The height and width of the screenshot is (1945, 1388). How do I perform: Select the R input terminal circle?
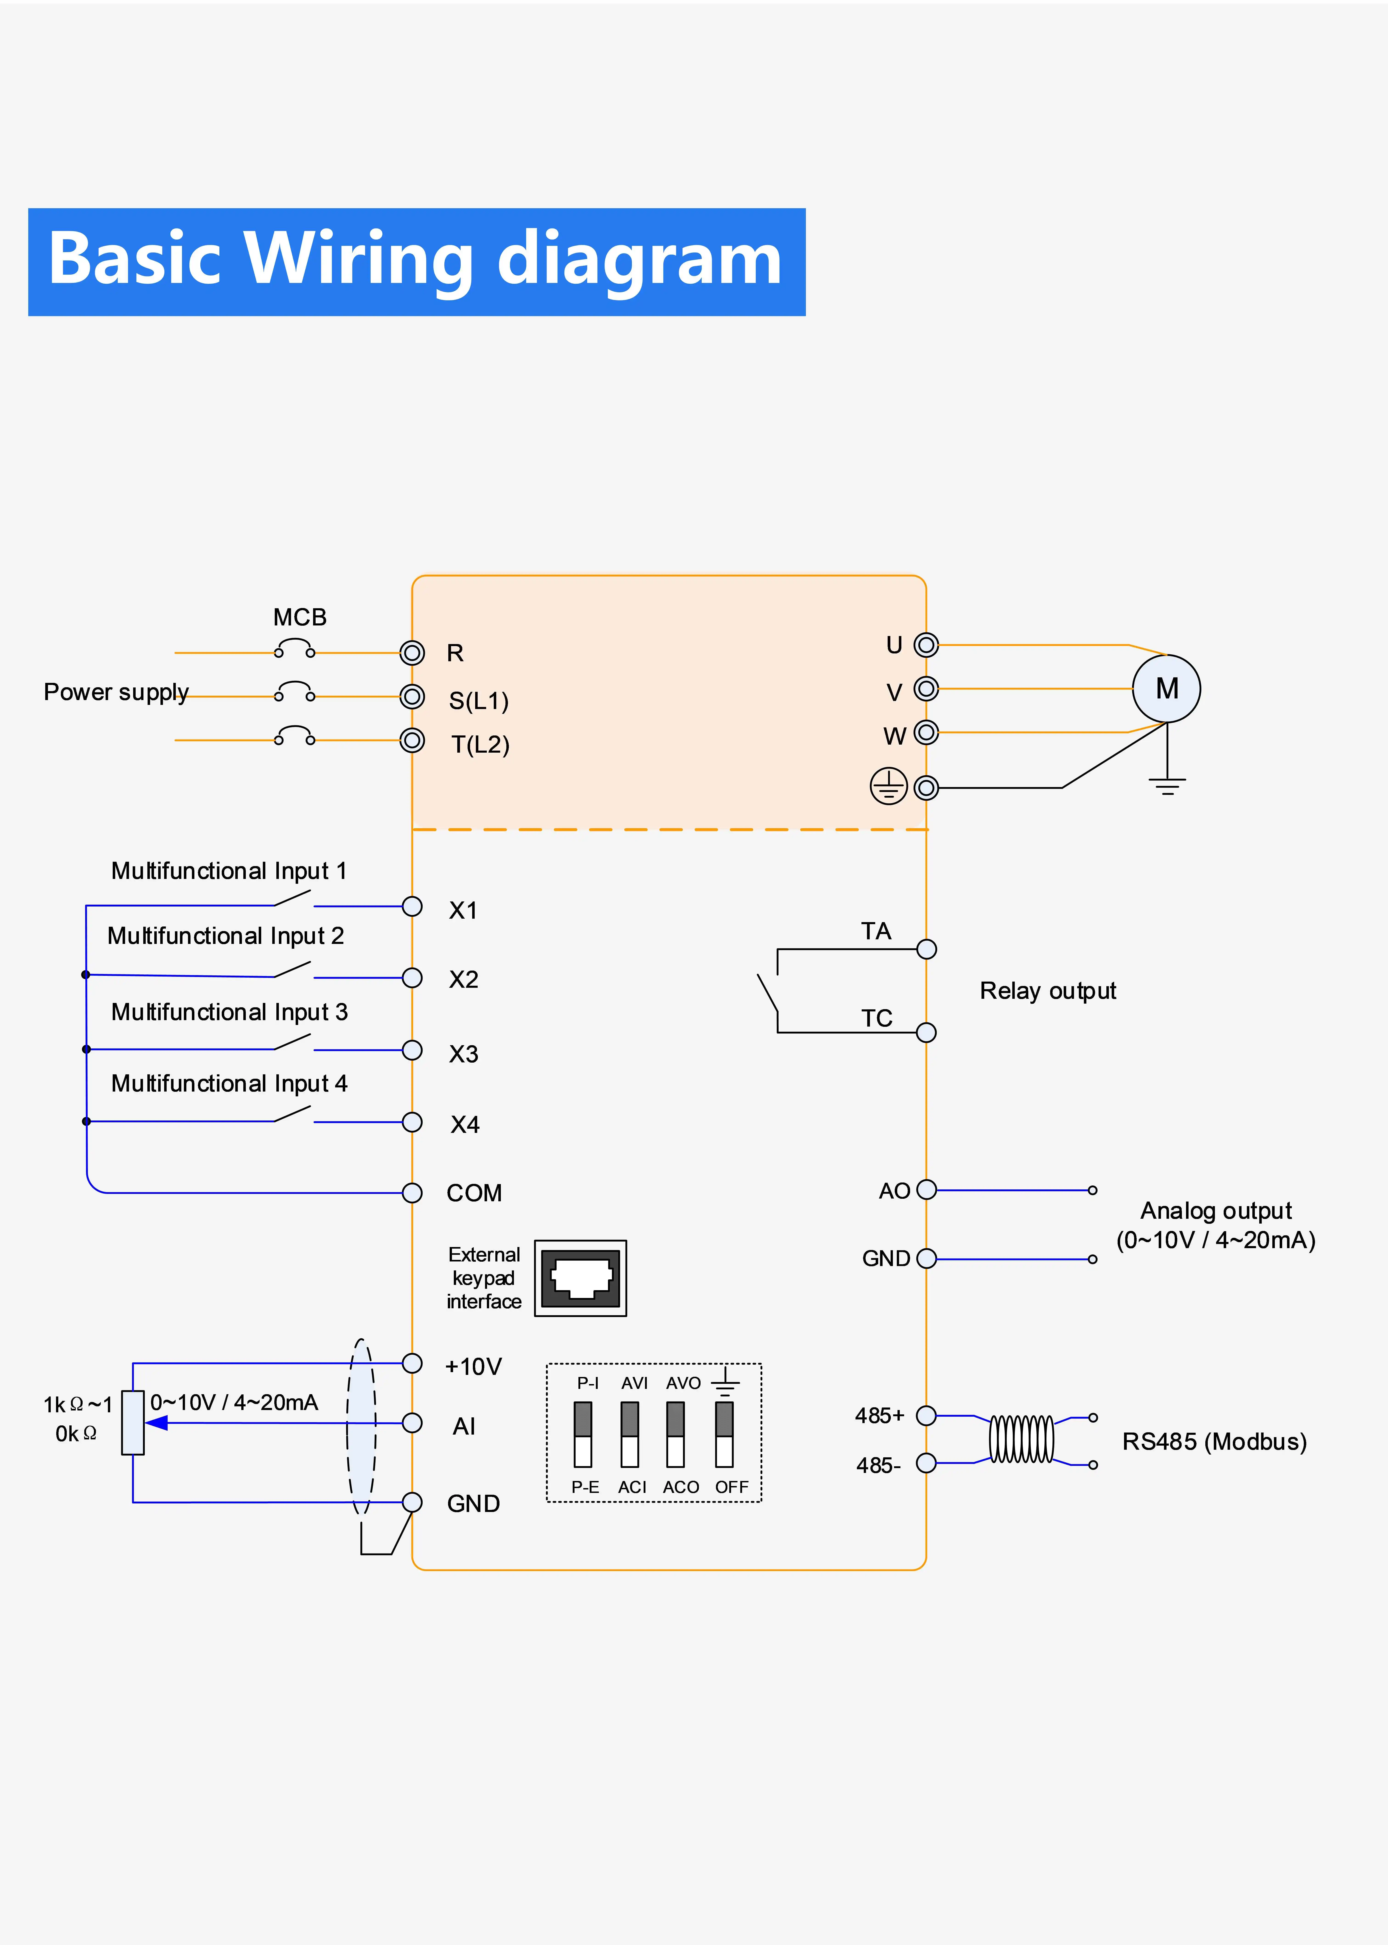click(x=412, y=653)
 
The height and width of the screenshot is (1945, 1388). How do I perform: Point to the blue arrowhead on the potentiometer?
click(x=156, y=1423)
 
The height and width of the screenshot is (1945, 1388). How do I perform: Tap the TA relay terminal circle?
click(x=926, y=949)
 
